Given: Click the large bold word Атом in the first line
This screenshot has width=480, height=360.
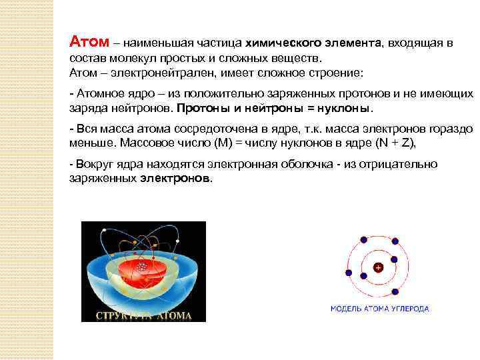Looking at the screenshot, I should pos(89,43).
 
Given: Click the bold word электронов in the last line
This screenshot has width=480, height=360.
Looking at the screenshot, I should pos(176,179).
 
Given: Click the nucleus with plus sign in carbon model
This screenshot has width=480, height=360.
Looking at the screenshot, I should pos(378,267).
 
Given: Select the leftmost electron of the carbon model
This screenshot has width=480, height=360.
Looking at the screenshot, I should pos(348,272).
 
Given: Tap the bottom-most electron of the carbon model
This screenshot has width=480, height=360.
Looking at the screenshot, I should pos(396,292).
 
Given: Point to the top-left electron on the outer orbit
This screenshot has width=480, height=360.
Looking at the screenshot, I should pos(363,239).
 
